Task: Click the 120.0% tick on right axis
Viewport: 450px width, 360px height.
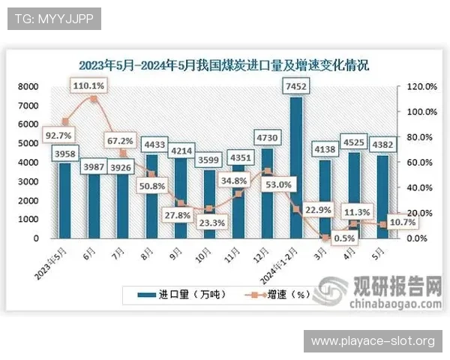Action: pyautogui.click(x=421, y=86)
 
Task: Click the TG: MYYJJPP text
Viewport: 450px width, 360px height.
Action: pyautogui.click(x=52, y=19)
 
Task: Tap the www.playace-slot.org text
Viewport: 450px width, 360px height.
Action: pyautogui.click(x=373, y=341)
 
